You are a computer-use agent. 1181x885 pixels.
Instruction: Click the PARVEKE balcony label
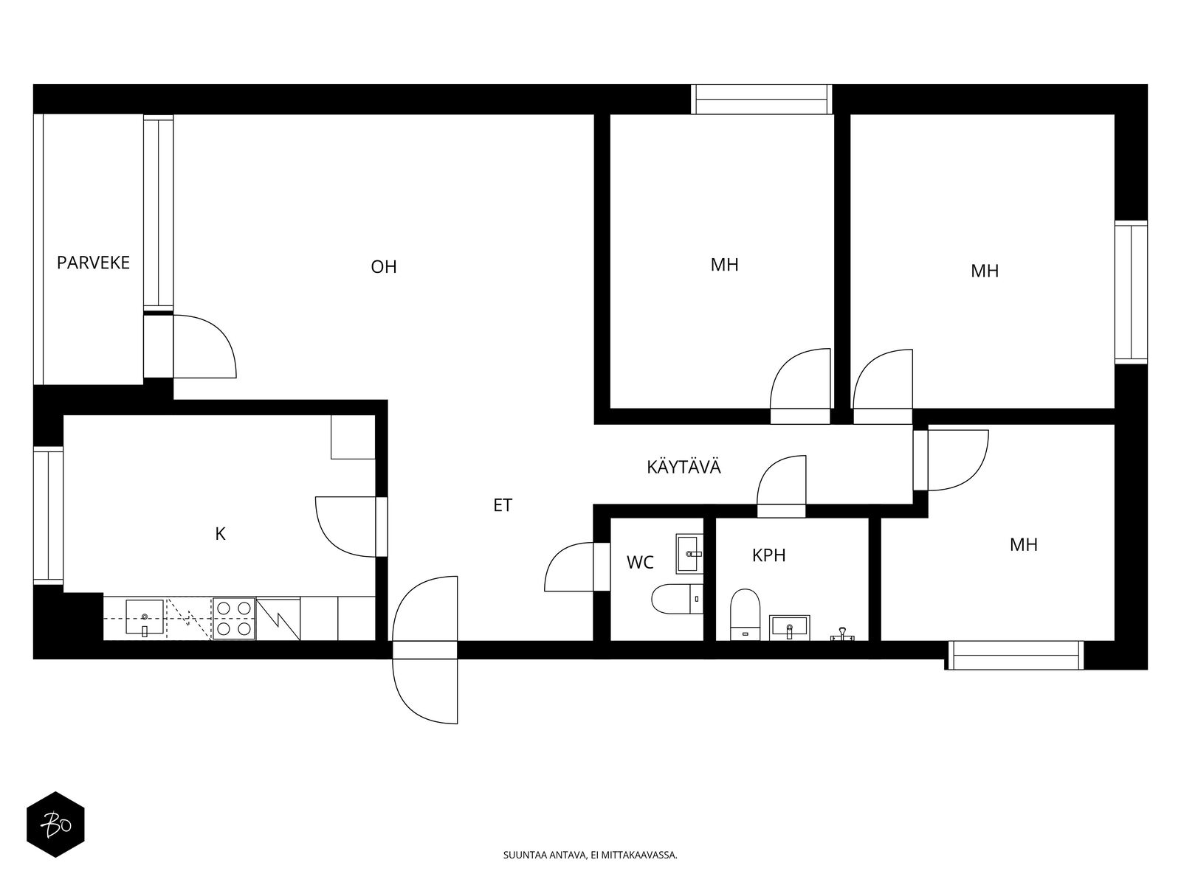[93, 263]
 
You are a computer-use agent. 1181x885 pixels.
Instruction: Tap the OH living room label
[384, 267]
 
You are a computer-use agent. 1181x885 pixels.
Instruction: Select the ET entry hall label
[503, 505]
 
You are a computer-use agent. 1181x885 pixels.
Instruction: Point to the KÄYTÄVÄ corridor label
[684, 466]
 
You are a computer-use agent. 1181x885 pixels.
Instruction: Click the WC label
[640, 563]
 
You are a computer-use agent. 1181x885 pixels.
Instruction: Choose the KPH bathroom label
[769, 555]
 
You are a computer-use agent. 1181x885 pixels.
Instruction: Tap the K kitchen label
[220, 534]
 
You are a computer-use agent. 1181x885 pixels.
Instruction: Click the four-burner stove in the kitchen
[234, 619]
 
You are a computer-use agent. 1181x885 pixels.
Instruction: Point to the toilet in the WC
[677, 599]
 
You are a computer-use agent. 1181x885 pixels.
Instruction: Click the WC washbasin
[689, 554]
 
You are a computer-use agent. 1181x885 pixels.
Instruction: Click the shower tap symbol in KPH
[843, 634]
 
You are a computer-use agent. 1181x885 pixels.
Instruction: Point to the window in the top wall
[761, 100]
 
